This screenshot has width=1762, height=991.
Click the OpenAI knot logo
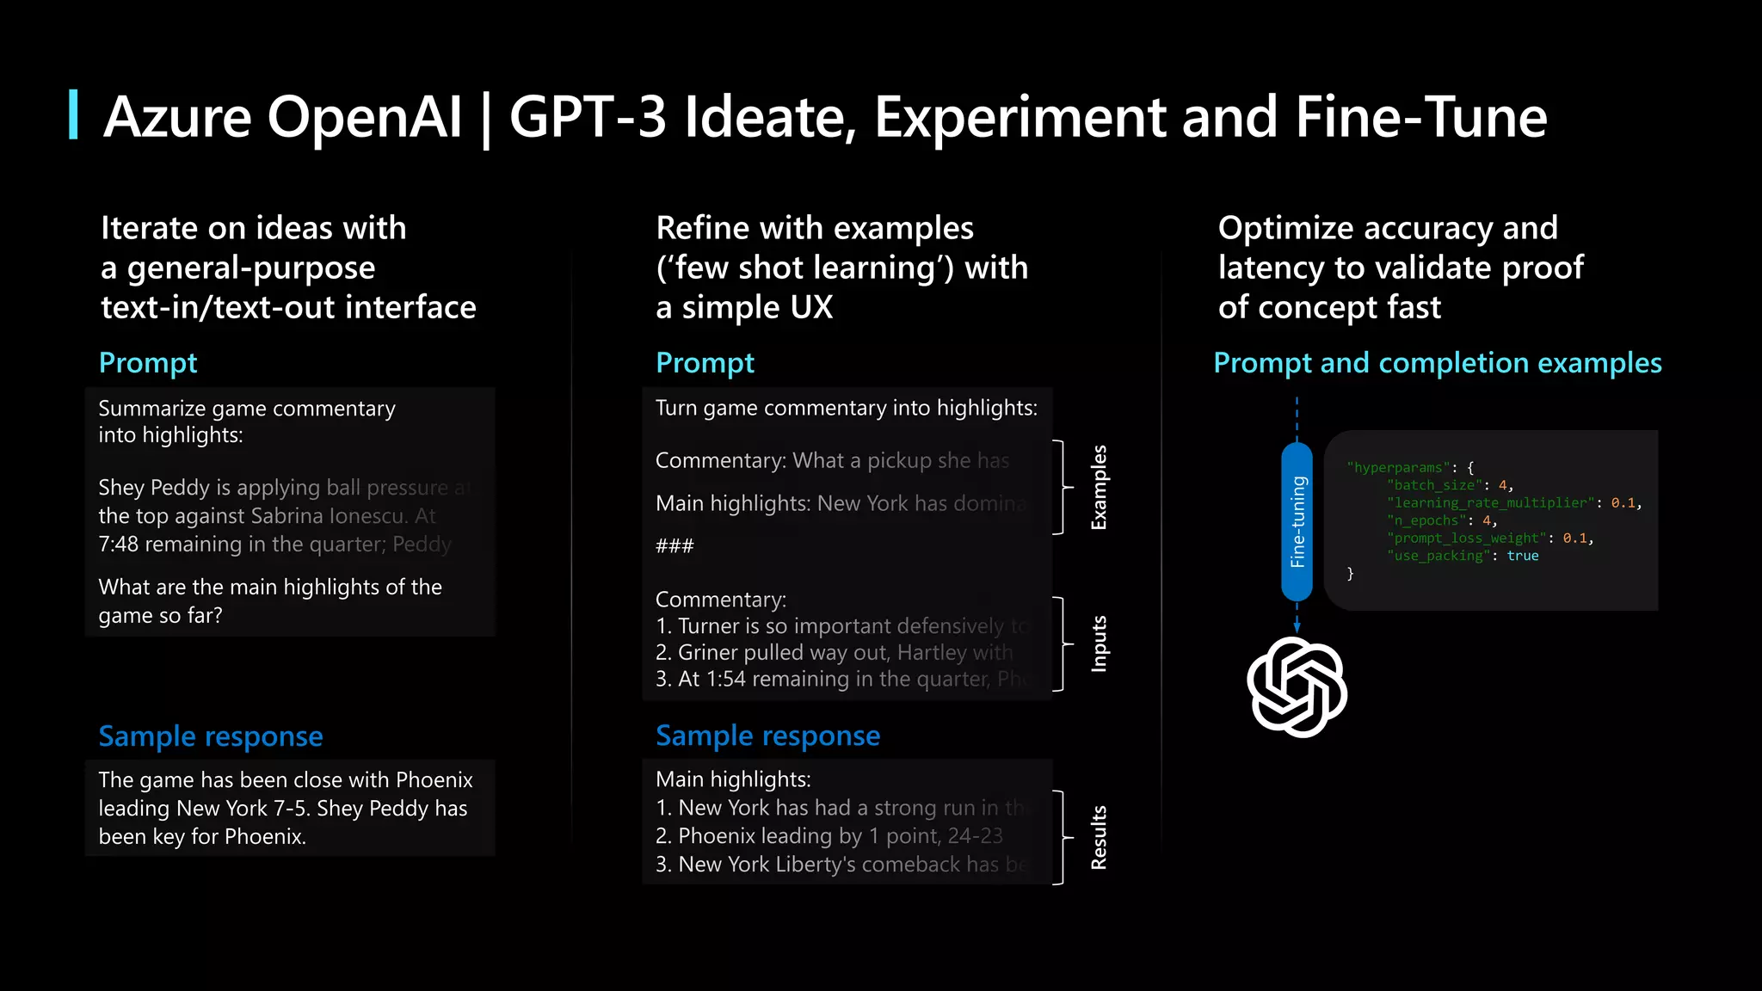tap(1297, 686)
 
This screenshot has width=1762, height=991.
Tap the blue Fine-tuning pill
tap(1297, 521)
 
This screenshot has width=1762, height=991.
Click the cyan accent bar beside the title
tap(74, 114)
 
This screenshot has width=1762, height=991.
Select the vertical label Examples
tap(1099, 487)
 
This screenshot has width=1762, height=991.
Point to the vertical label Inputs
tap(1099, 643)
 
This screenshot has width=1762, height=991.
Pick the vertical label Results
tap(1099, 837)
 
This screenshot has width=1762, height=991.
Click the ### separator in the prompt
tap(675, 545)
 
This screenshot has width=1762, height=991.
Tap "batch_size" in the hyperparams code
tap(1432, 485)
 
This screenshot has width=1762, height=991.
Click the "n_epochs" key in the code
tap(1426, 520)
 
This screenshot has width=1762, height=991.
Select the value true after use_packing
tap(1522, 556)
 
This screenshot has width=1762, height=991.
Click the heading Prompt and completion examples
tap(1437, 363)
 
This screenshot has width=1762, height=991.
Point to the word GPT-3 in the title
tap(588, 117)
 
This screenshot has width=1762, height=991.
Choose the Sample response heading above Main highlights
tap(767, 736)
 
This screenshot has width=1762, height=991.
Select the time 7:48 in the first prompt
tap(118, 545)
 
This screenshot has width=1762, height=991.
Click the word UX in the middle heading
tap(811, 307)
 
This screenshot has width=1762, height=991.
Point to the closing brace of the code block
tap(1350, 574)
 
